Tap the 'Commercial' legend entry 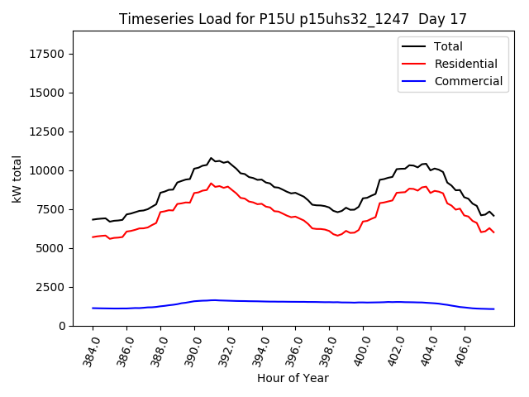click(468, 81)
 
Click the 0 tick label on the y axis click(63, 326)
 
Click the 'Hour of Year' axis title click(293, 378)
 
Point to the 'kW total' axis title click(17, 177)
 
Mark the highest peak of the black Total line click(211, 158)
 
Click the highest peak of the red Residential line click(211, 184)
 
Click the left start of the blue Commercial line click(93, 308)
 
